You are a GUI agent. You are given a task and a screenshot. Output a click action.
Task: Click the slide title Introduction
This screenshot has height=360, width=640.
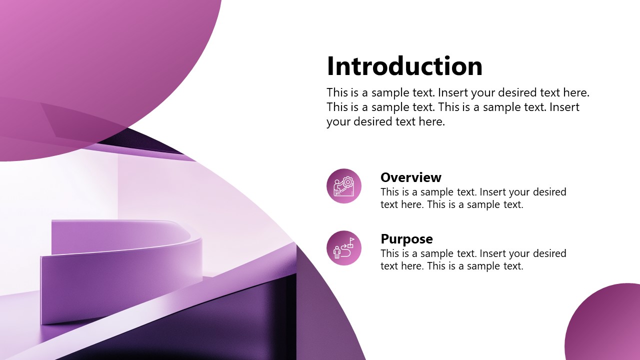click(x=404, y=66)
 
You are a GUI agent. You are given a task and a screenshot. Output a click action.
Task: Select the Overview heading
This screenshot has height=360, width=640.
click(x=410, y=177)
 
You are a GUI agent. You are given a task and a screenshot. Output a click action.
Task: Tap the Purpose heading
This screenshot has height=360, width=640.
click(x=406, y=239)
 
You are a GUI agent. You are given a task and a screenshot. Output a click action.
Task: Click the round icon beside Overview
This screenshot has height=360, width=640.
click(x=344, y=186)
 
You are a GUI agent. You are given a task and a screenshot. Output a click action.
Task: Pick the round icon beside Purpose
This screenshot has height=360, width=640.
click(x=344, y=248)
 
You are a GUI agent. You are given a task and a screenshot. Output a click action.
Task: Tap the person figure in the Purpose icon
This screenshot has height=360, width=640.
click(x=337, y=252)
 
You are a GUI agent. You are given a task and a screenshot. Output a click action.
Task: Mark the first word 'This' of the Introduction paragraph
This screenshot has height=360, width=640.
click(x=336, y=92)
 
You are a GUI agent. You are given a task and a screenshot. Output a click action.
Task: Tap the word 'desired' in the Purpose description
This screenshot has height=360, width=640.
click(x=549, y=253)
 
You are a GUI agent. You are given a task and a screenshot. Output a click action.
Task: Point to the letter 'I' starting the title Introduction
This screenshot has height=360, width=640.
click(x=330, y=66)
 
